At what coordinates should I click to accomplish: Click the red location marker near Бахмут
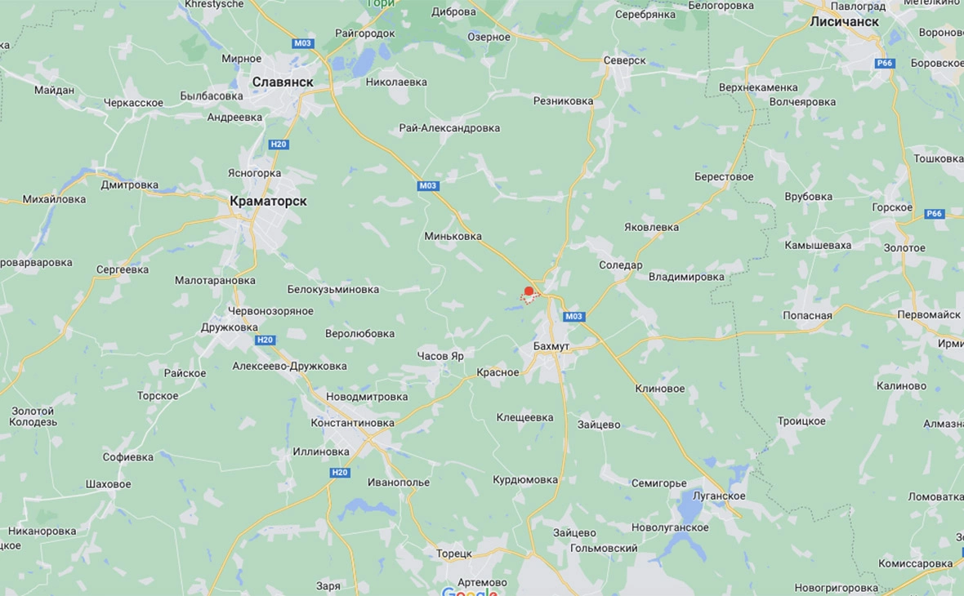pyautogui.click(x=529, y=291)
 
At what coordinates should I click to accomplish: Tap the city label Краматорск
pyautogui.click(x=268, y=201)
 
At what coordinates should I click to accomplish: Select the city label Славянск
pyautogui.click(x=283, y=82)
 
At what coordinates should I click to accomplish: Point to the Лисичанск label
pyautogui.click(x=844, y=22)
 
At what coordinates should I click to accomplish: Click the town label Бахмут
pyautogui.click(x=551, y=346)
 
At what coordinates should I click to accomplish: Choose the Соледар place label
pyautogui.click(x=620, y=265)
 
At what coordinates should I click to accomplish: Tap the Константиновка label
pyautogui.click(x=352, y=423)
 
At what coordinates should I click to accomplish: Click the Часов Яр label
pyautogui.click(x=440, y=356)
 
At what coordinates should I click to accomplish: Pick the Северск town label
pyautogui.click(x=624, y=60)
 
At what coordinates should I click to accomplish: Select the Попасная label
pyautogui.click(x=807, y=315)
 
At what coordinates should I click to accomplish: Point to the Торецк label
pyautogui.click(x=453, y=554)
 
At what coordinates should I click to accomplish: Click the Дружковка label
pyautogui.click(x=229, y=327)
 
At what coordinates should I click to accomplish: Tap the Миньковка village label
pyautogui.click(x=453, y=236)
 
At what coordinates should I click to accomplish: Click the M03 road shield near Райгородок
pyautogui.click(x=303, y=43)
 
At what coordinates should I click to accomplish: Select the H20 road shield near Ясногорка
pyautogui.click(x=279, y=145)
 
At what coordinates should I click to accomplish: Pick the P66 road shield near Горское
pyautogui.click(x=935, y=214)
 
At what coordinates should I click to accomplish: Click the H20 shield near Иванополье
pyautogui.click(x=340, y=473)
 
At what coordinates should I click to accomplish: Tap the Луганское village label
pyautogui.click(x=717, y=496)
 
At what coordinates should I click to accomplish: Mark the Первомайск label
pyautogui.click(x=929, y=314)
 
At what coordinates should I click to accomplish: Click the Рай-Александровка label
pyautogui.click(x=449, y=128)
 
